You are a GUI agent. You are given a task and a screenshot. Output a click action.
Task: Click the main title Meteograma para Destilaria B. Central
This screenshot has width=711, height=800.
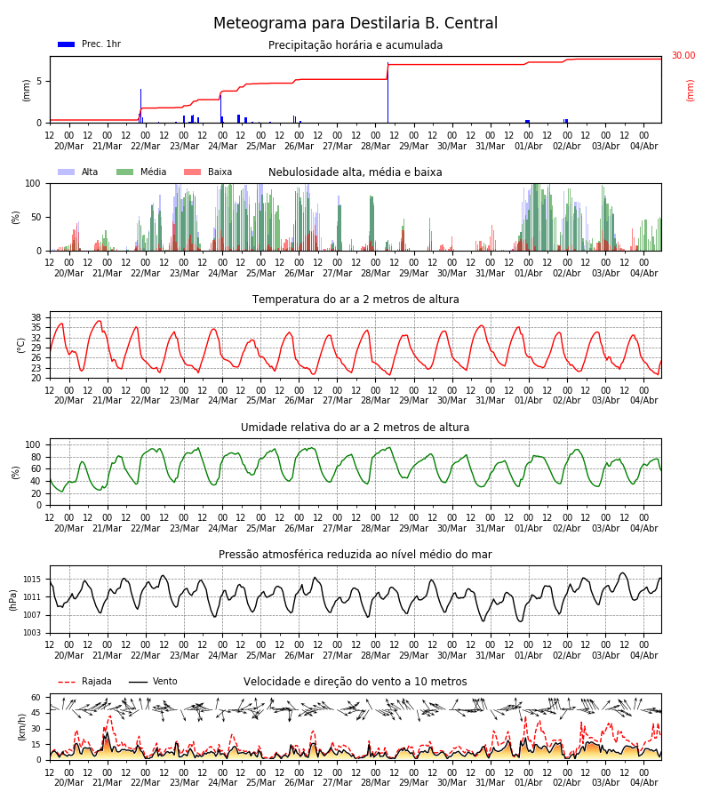point(355,23)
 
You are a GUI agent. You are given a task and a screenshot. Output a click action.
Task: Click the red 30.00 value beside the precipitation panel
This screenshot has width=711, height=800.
point(683,55)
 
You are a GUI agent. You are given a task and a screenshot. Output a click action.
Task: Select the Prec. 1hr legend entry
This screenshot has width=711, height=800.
point(89,44)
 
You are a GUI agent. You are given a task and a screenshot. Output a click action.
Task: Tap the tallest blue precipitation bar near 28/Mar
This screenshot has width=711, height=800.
point(387,92)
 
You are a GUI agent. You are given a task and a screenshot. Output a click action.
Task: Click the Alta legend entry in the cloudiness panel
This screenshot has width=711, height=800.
point(77,172)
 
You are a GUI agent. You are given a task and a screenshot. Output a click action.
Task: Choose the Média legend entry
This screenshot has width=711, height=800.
point(141,172)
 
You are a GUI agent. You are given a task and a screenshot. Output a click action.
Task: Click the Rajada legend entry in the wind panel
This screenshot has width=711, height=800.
point(84,681)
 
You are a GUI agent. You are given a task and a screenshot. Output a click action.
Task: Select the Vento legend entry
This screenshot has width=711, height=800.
point(153,681)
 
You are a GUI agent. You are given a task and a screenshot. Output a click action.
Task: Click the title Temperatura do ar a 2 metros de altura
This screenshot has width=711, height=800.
point(355,300)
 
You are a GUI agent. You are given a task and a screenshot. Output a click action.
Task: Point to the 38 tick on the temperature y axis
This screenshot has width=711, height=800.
point(36,317)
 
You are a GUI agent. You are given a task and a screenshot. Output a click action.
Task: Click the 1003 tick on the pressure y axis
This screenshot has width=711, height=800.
point(32,633)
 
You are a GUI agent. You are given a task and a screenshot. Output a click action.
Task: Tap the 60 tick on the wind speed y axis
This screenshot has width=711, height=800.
point(36,698)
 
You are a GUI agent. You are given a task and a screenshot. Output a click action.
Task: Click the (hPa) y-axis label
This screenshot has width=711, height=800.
point(13,600)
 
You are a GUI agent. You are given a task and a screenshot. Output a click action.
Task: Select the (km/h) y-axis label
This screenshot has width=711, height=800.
point(21,727)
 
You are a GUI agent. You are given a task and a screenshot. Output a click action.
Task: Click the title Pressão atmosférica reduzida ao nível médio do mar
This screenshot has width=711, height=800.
point(355,554)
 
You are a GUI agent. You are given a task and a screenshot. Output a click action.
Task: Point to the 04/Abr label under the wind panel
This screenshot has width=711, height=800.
point(643,782)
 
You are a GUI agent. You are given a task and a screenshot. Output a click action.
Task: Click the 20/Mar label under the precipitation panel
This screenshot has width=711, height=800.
point(68,146)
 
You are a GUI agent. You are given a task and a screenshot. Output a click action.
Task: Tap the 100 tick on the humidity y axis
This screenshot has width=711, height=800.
point(33,444)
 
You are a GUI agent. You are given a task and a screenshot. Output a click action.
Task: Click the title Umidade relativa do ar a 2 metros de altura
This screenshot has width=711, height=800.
point(355,427)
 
